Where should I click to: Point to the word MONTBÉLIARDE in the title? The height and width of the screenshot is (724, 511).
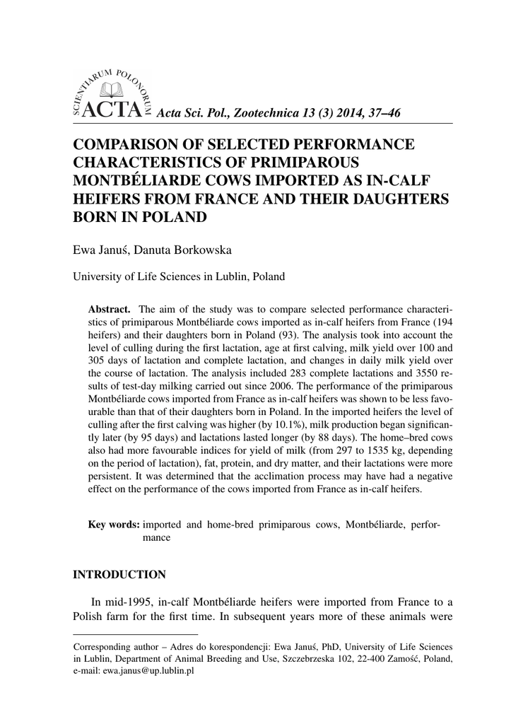134,180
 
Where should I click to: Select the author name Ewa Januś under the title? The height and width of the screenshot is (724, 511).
98,250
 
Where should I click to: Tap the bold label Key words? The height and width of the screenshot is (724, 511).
113,524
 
